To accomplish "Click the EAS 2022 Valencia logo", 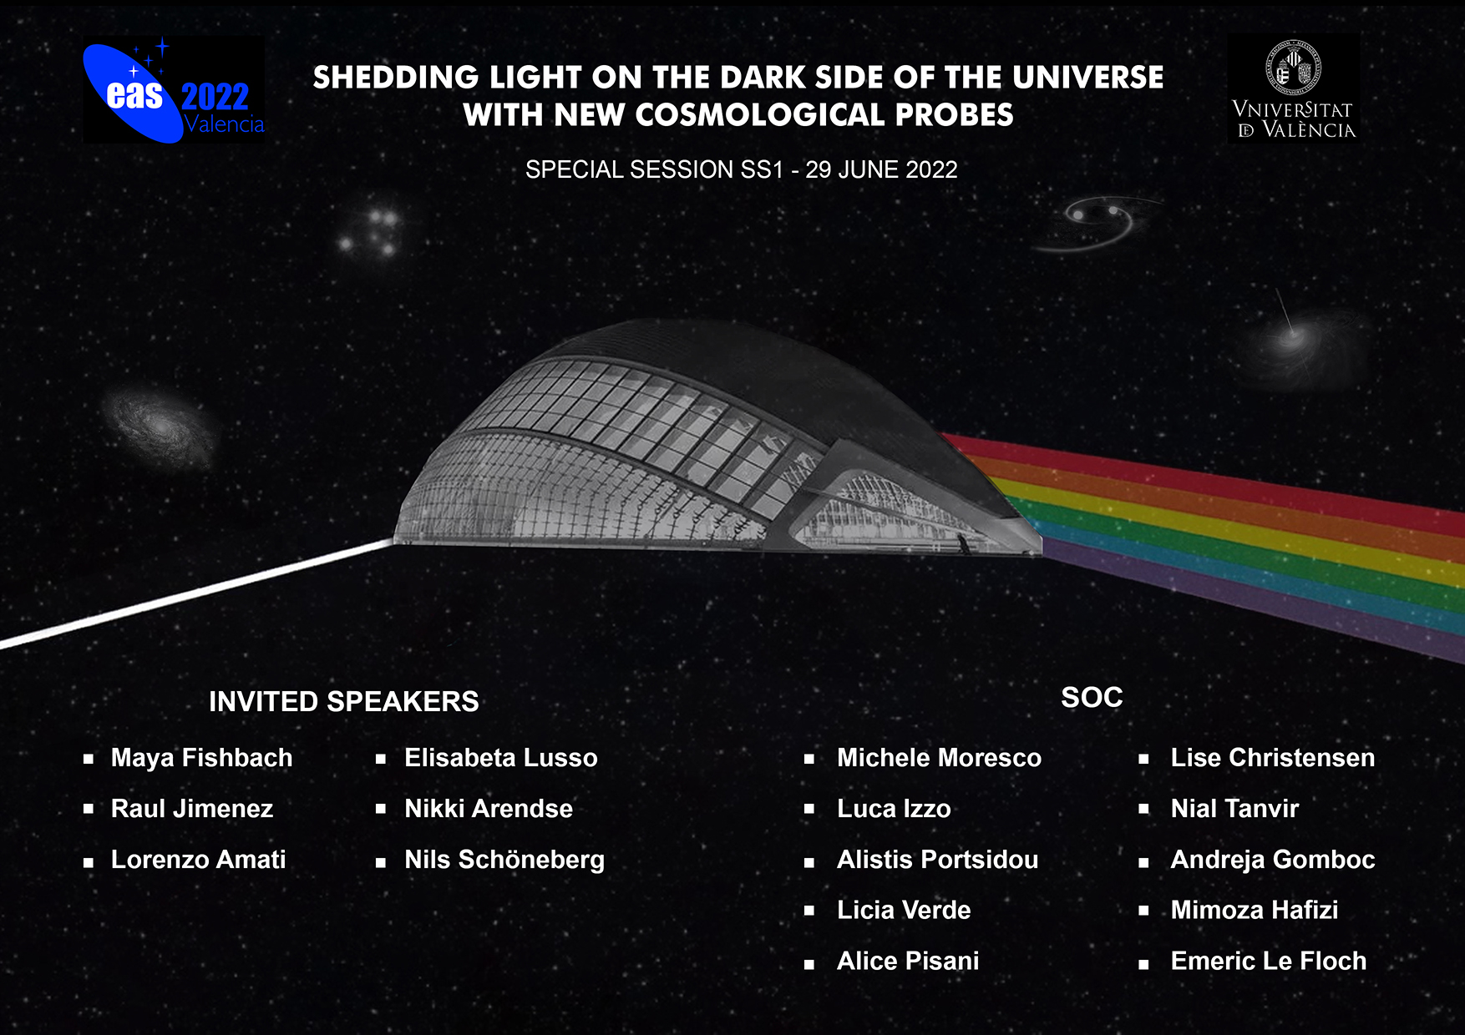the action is [174, 90].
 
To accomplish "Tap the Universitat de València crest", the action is [1294, 65].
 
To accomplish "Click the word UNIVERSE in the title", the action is [1088, 77].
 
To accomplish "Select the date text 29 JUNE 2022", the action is [881, 169].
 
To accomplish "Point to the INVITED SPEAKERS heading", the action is [344, 701].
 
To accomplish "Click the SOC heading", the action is [1092, 697].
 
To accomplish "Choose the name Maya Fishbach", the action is [202, 757].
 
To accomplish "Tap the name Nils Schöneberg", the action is [504, 860].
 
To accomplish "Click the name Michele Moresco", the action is [940, 757].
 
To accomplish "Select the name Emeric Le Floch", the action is [1269, 961].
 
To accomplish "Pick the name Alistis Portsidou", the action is [938, 859].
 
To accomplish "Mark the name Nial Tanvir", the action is [1234, 808].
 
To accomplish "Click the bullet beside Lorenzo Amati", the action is [89, 863].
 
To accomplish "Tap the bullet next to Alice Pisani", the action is [809, 965].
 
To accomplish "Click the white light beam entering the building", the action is [197, 593].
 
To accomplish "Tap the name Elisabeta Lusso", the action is [501, 757].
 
